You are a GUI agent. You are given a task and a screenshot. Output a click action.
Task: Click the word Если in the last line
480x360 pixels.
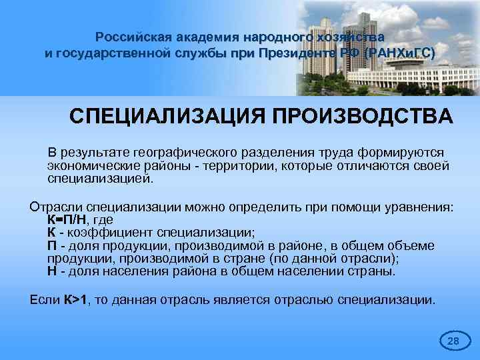click(45, 300)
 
